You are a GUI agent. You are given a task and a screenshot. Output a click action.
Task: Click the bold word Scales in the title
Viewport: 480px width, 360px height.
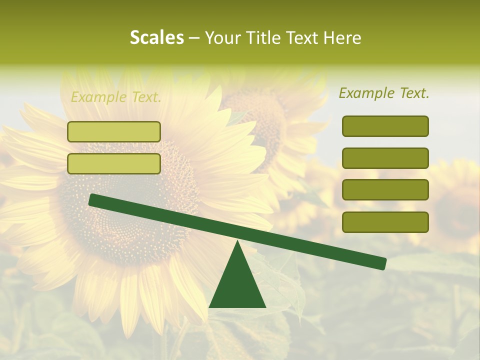pyautogui.click(x=156, y=37)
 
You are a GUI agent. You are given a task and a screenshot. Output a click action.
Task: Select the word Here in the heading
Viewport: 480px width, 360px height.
pyautogui.click(x=341, y=38)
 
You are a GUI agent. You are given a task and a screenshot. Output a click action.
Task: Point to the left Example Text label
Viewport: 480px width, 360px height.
pyautogui.click(x=116, y=97)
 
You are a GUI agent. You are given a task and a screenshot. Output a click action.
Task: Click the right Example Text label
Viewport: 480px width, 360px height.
pyautogui.click(x=384, y=93)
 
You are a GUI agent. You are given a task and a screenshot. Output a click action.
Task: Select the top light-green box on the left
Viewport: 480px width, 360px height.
pyautogui.click(x=114, y=131)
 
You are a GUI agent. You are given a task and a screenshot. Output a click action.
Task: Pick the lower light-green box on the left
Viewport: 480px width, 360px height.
pyautogui.click(x=114, y=163)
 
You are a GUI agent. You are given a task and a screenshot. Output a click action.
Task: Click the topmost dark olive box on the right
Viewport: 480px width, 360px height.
pyautogui.click(x=385, y=126)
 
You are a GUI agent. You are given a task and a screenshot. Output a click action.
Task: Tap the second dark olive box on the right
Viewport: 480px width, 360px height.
pyautogui.click(x=385, y=158)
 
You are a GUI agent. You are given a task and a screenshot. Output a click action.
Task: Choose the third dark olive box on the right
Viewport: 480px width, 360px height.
pyautogui.click(x=385, y=189)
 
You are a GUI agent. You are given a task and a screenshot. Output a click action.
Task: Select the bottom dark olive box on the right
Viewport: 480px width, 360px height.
pyautogui.click(x=385, y=222)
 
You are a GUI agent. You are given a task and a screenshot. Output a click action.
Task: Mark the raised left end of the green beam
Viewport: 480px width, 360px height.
pyautogui.click(x=93, y=199)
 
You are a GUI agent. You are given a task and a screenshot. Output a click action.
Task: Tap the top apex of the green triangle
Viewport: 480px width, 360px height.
pyautogui.click(x=237, y=241)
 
